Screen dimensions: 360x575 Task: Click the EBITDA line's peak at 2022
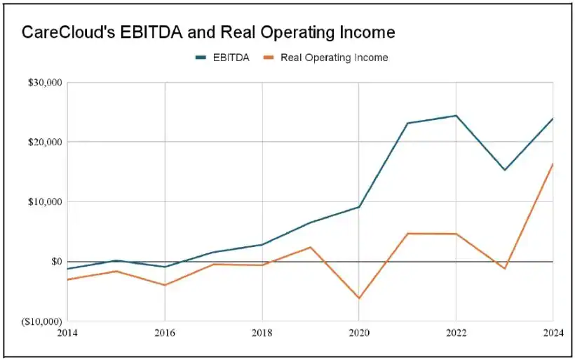(x=456, y=116)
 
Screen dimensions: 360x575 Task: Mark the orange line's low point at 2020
(x=359, y=298)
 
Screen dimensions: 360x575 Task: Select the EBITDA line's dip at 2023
(x=504, y=170)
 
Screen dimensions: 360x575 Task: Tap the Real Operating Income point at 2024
(x=553, y=164)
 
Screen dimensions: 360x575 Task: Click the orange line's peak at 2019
(x=311, y=247)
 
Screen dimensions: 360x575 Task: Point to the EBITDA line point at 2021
(x=407, y=124)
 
